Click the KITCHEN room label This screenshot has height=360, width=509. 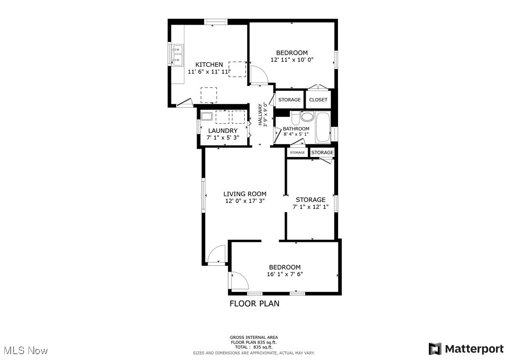click(x=209, y=65)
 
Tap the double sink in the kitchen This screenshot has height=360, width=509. click(x=177, y=55)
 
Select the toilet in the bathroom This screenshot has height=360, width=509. click(x=307, y=117)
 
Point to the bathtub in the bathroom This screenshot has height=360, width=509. click(x=323, y=127)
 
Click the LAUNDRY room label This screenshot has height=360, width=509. click(x=223, y=130)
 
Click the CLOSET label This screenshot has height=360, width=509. click(x=318, y=100)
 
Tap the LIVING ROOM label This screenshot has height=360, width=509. click(x=245, y=194)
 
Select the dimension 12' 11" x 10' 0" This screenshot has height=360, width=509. click(x=292, y=60)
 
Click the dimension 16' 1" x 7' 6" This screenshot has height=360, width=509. click(x=285, y=274)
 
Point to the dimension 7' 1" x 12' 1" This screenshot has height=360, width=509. click(x=311, y=207)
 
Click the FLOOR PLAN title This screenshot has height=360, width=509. click(x=254, y=304)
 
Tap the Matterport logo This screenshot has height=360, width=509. click(x=467, y=348)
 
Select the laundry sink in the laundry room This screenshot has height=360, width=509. click(x=207, y=116)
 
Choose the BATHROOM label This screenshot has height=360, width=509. click(x=296, y=129)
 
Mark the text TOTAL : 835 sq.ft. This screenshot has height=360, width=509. click(x=254, y=347)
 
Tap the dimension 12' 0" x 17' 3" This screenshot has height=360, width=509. click(x=245, y=201)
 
